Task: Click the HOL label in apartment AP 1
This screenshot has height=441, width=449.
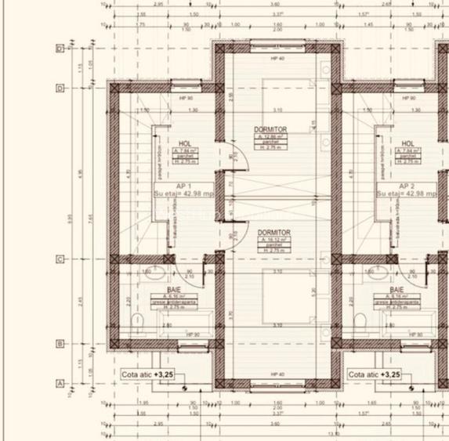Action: (185, 143)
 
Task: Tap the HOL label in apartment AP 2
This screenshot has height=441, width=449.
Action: (407, 143)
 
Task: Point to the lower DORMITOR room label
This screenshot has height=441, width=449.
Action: (274, 233)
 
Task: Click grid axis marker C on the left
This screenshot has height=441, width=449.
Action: (60, 258)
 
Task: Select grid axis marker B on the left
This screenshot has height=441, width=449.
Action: (60, 343)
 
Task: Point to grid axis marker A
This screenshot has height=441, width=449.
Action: (60, 383)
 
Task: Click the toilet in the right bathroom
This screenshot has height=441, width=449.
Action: (361, 320)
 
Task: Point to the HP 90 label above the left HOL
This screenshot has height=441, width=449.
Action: (186, 98)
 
